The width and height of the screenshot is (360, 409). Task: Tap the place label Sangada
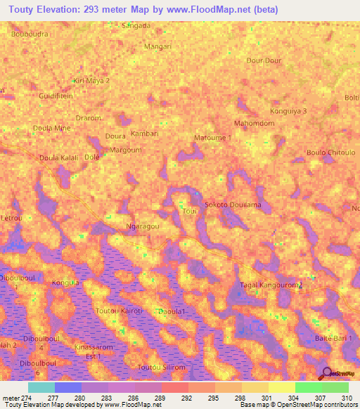pyautogui.click(x=136, y=25)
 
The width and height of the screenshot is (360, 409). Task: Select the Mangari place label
pyautogui.click(x=157, y=46)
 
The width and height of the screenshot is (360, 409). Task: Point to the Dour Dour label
pyautogui.click(x=264, y=60)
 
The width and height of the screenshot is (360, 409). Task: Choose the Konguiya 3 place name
pyautogui.click(x=288, y=111)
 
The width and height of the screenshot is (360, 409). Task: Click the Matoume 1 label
pyautogui.click(x=213, y=138)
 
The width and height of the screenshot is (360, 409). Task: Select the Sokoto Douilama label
pyautogui.click(x=232, y=204)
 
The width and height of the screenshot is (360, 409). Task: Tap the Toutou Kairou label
pyautogui.click(x=118, y=310)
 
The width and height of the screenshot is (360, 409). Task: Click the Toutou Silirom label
pyautogui.click(x=161, y=368)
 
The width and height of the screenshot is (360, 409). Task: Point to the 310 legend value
pyautogui.click(x=346, y=398)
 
